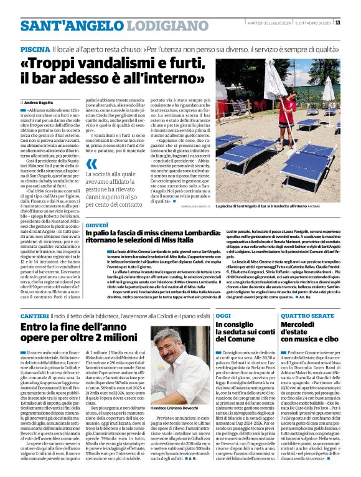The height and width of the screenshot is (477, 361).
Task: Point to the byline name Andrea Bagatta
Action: point(40,102)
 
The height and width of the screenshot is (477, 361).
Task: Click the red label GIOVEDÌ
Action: point(96,224)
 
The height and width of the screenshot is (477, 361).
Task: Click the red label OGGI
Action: point(223,316)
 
